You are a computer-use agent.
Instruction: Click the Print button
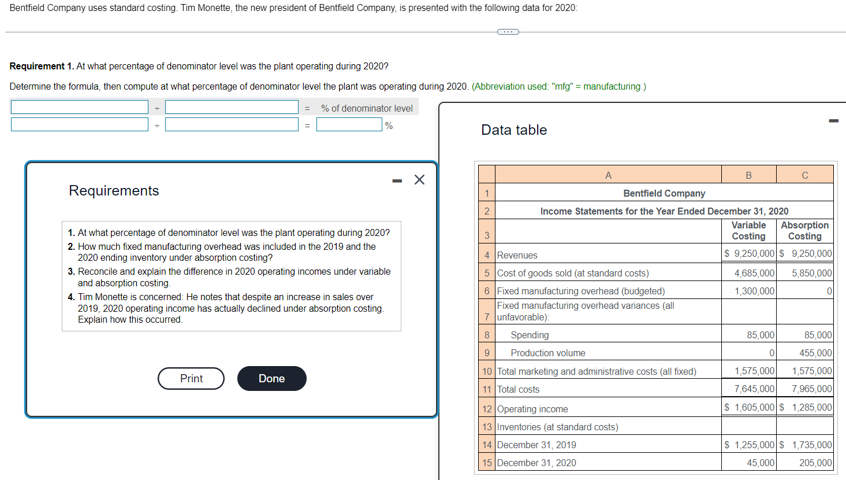coord(191,378)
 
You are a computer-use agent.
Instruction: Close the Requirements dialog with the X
coord(419,180)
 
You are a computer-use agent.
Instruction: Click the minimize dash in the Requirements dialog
coord(397,181)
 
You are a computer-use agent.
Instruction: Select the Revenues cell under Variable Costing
coord(749,254)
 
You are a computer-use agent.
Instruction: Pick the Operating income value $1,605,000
coord(749,408)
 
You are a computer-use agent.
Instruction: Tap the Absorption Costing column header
coord(804,231)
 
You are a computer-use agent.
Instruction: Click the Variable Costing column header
coord(748,231)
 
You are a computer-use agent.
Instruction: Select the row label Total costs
coord(518,390)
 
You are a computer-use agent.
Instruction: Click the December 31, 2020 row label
coord(536,463)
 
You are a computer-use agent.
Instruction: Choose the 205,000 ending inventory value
coord(815,463)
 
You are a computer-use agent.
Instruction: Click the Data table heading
coord(514,130)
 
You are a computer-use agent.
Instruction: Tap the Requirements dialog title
coord(114,191)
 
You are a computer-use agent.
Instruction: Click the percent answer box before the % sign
coord(349,125)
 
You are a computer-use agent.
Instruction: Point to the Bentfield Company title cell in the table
coord(664,193)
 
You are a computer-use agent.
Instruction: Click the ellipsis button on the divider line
coord(508,32)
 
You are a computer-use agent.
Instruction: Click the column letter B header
coord(748,175)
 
